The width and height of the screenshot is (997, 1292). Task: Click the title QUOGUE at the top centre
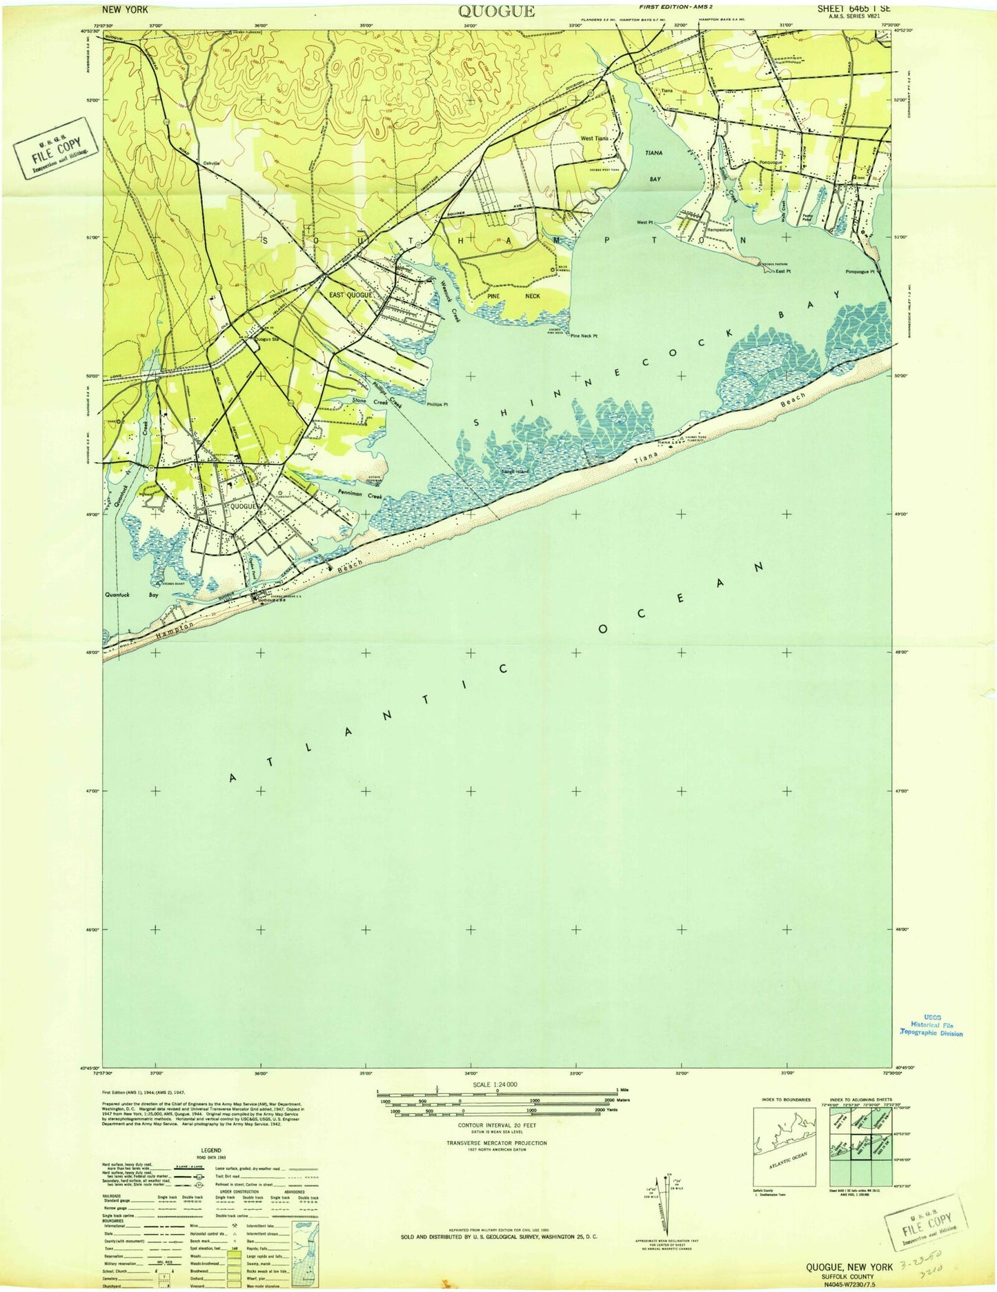point(495,10)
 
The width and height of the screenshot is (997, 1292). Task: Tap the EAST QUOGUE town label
point(350,295)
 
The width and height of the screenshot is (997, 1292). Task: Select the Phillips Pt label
point(437,405)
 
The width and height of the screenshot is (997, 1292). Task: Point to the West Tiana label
point(594,139)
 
